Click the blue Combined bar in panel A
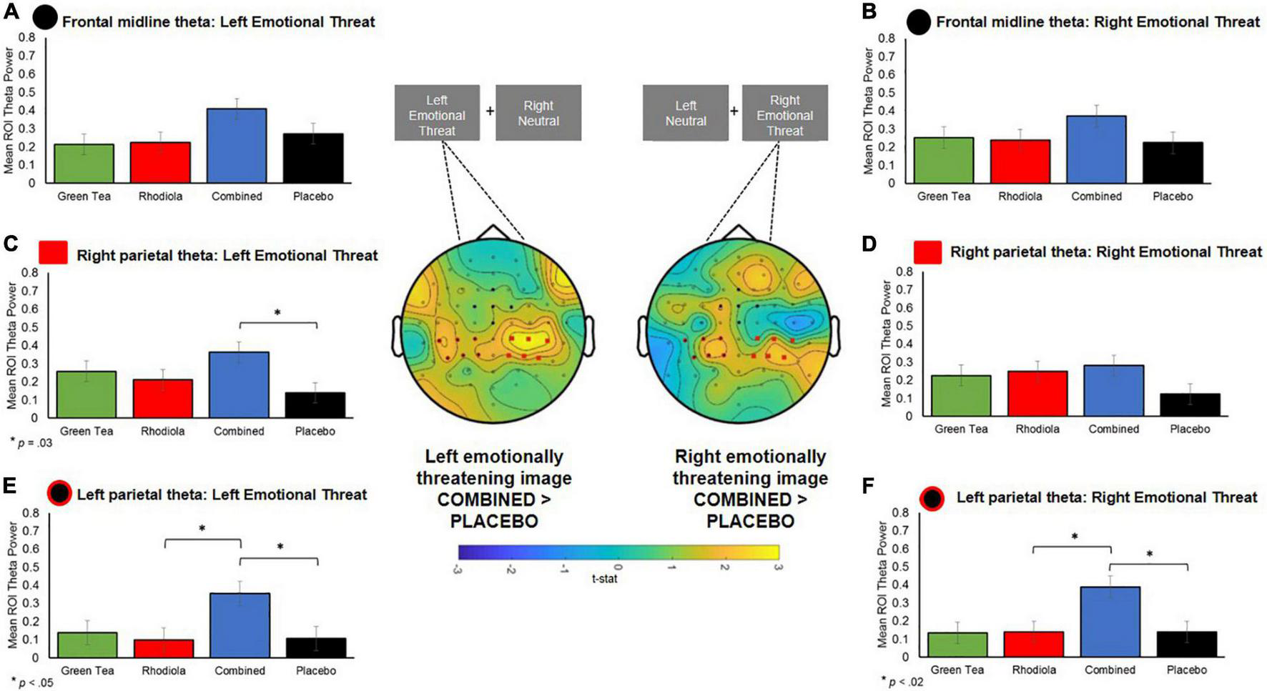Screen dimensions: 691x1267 [237, 146]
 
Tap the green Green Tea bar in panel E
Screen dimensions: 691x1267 [87, 645]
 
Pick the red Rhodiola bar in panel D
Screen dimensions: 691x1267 [1037, 393]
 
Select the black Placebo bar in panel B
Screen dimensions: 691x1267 [1173, 162]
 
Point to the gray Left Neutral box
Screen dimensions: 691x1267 [685, 113]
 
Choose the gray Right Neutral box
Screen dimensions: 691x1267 [538, 113]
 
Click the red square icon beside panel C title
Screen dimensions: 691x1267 [53, 252]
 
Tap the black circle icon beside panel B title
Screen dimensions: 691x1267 [919, 22]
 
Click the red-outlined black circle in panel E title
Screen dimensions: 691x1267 [59, 493]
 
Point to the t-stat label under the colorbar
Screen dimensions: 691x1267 [604, 579]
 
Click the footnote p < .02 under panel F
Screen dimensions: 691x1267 [903, 682]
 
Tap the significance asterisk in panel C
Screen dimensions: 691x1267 [277, 312]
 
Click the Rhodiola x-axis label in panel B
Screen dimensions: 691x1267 [1020, 197]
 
